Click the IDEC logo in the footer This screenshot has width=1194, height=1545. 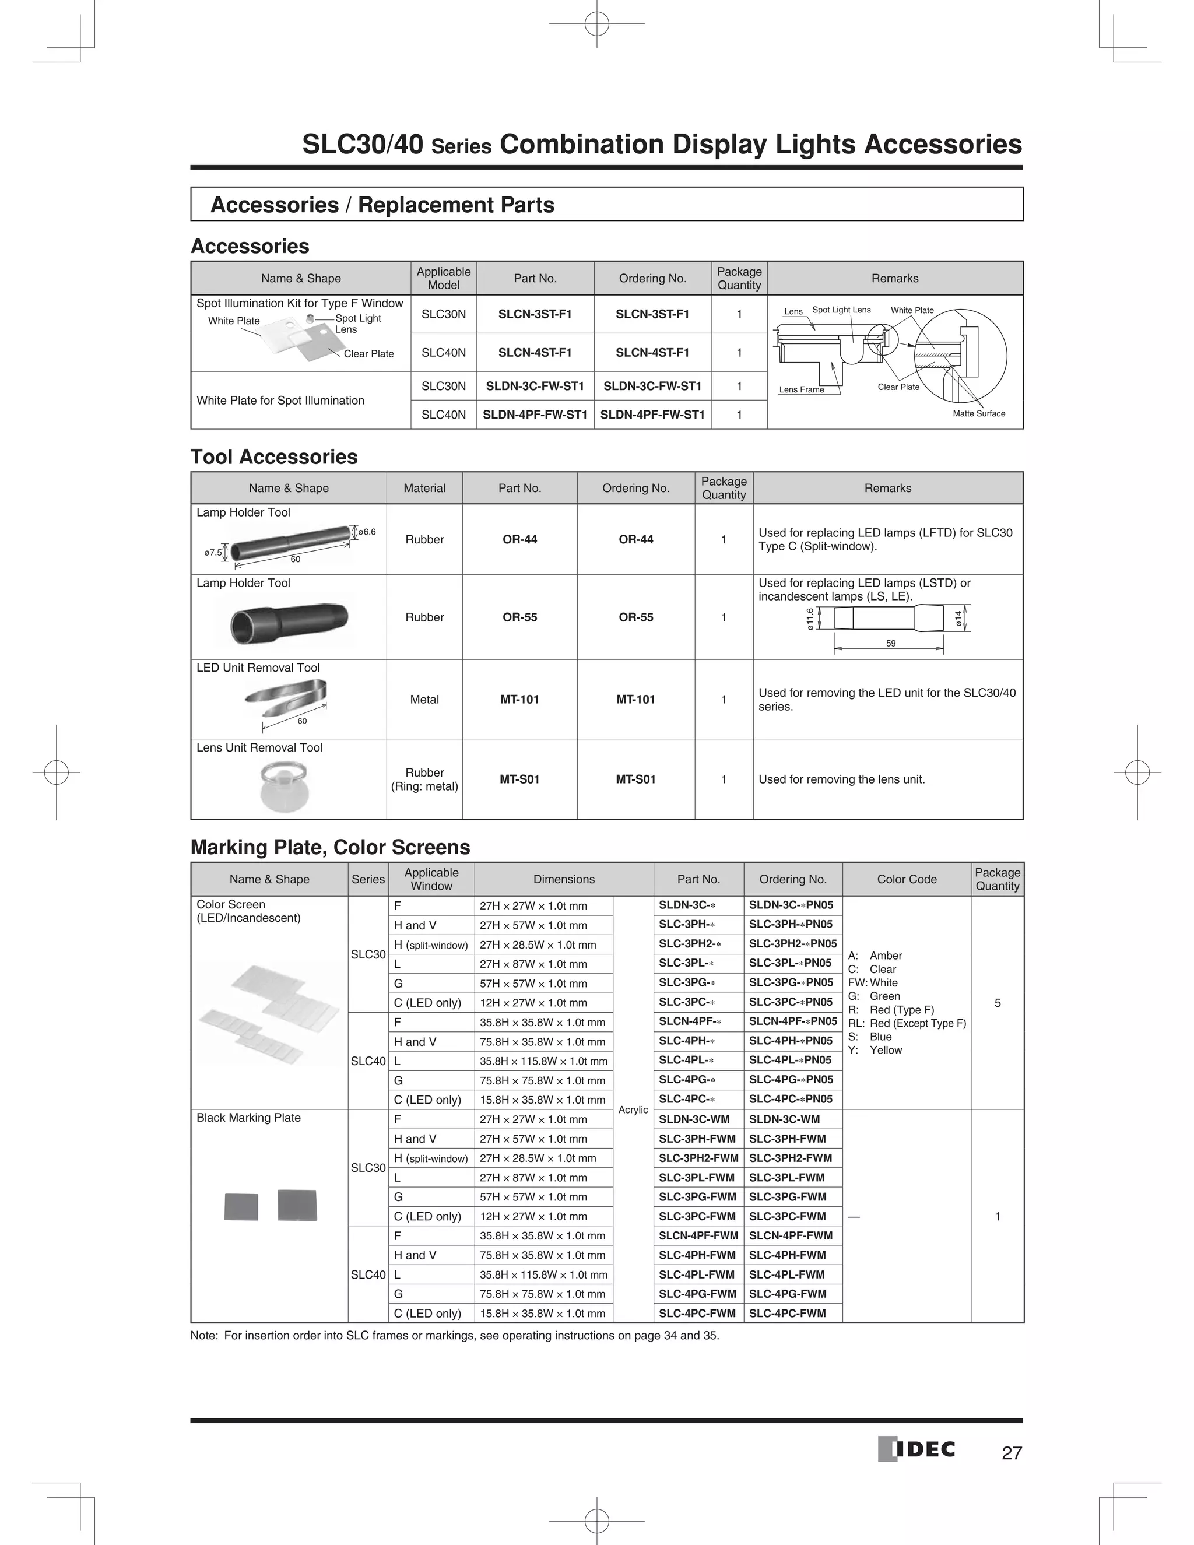[916, 1449]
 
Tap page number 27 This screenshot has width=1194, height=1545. [1012, 1453]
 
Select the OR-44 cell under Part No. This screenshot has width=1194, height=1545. [519, 539]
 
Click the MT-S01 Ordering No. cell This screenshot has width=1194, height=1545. [635, 779]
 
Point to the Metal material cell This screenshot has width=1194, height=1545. [424, 699]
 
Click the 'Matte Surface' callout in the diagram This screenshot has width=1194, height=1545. [978, 413]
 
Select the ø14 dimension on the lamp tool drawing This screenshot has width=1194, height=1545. [958, 617]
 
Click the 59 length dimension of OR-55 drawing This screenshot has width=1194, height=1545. [891, 643]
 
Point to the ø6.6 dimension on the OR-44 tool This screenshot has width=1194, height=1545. [366, 531]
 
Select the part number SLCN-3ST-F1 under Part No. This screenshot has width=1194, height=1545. [535, 314]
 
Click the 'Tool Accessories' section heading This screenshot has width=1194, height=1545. [274, 457]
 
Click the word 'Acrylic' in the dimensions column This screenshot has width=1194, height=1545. [633, 1110]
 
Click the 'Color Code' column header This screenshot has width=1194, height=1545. [906, 879]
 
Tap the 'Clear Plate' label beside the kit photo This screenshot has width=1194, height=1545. [368, 354]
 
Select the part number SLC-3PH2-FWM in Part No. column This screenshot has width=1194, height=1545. [697, 1158]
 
